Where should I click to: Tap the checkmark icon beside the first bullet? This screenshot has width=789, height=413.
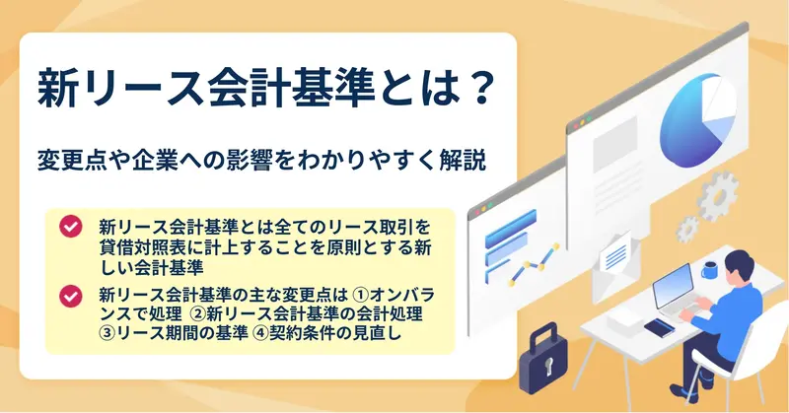coord(70,227)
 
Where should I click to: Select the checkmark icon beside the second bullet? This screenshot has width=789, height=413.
coord(70,297)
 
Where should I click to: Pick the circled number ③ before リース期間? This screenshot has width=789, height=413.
coord(108,332)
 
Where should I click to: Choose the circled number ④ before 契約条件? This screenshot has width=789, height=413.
coord(261,332)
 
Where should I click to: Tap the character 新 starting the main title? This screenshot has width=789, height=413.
coord(56,89)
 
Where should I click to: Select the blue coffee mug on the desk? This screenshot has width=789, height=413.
coord(709,270)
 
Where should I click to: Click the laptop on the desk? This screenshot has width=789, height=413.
coord(676,293)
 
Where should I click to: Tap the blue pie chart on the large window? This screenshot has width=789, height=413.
coord(696,120)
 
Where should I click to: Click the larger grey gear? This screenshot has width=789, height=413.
coord(718,196)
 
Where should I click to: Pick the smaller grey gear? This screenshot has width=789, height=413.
coord(687,230)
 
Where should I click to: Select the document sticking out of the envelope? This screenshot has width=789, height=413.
coord(615,253)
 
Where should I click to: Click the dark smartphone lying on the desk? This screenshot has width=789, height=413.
coord(660,328)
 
